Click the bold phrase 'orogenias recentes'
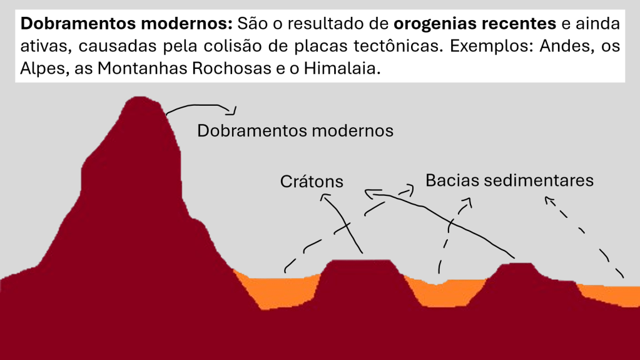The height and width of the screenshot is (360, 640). tap(475, 24)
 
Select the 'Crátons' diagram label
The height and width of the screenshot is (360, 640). tap(312, 182)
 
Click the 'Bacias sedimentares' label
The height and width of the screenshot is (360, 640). tap(509, 180)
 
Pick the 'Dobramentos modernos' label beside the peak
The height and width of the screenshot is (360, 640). tap(295, 131)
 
